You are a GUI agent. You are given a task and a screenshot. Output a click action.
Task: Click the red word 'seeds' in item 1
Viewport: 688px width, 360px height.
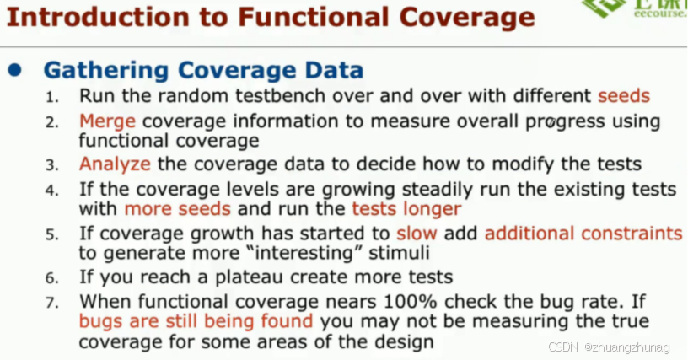coord(624,96)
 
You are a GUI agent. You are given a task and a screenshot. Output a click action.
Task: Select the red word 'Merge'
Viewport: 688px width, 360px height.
coord(107,121)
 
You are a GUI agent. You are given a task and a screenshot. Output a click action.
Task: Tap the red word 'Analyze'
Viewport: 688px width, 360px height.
coord(115,164)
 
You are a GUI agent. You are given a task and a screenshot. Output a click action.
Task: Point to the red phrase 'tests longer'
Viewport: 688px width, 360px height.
coord(406,208)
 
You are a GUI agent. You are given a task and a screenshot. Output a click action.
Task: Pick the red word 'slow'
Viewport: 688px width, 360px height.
coord(416,233)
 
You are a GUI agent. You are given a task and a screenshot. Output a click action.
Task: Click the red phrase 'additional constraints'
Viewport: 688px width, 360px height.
coord(583,233)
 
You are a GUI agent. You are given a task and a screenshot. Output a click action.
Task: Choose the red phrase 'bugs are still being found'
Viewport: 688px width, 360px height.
coord(196,321)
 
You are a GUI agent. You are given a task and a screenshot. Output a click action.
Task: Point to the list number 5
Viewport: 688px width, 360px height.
coord(52,234)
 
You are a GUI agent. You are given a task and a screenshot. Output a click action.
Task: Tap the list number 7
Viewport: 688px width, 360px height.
coord(52,302)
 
